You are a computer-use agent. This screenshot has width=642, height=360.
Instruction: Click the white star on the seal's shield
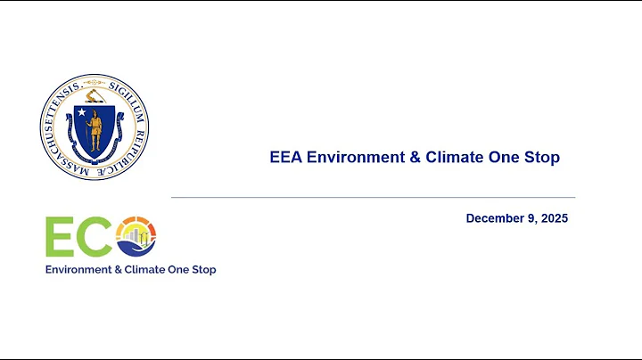(x=82, y=113)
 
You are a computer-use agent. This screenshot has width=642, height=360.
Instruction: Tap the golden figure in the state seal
(x=95, y=131)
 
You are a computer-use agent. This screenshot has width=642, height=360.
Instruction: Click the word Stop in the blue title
(x=541, y=158)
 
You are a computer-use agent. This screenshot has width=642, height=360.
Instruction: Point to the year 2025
(x=554, y=218)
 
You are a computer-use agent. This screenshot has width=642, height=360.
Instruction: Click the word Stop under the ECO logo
(x=202, y=269)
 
